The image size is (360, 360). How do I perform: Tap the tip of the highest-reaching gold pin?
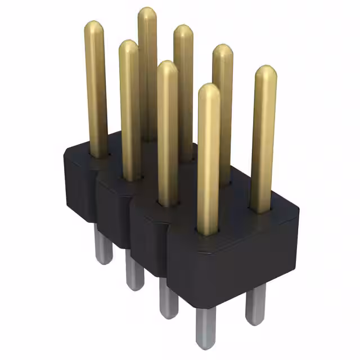[x=147, y=13]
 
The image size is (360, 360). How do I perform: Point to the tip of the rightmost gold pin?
[x=265, y=72]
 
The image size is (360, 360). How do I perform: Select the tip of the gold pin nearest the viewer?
[x=209, y=90]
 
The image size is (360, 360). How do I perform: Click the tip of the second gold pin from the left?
[x=128, y=46]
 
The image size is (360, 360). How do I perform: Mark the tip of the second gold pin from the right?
[x=223, y=51]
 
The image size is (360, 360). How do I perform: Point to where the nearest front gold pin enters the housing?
[x=208, y=231]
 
